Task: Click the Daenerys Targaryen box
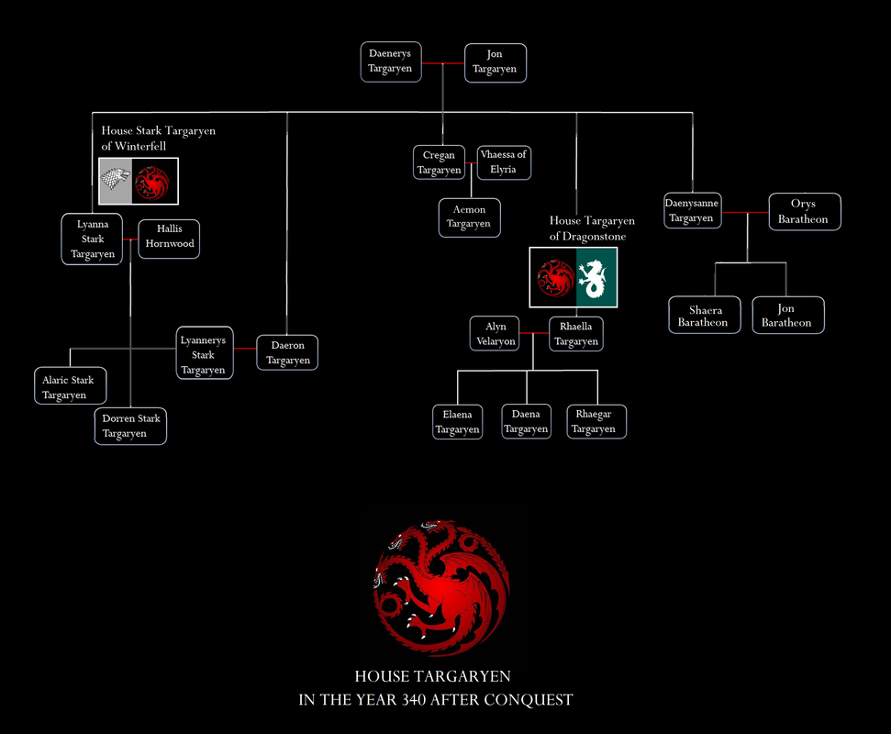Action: click(391, 61)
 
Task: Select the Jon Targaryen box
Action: click(496, 61)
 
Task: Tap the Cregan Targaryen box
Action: click(440, 162)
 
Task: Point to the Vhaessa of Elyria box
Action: click(504, 162)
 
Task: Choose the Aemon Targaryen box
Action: click(469, 217)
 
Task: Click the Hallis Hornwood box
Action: click(169, 239)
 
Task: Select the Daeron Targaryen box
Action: click(288, 353)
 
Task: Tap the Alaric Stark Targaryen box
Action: click(69, 387)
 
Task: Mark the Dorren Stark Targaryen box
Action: click(130, 426)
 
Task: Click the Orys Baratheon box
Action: click(803, 211)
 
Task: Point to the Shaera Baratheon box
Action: click(703, 316)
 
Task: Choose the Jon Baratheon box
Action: click(786, 316)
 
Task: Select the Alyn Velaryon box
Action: click(496, 334)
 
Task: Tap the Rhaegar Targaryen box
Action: click(595, 422)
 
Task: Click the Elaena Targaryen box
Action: click(457, 422)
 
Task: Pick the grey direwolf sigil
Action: click(117, 182)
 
